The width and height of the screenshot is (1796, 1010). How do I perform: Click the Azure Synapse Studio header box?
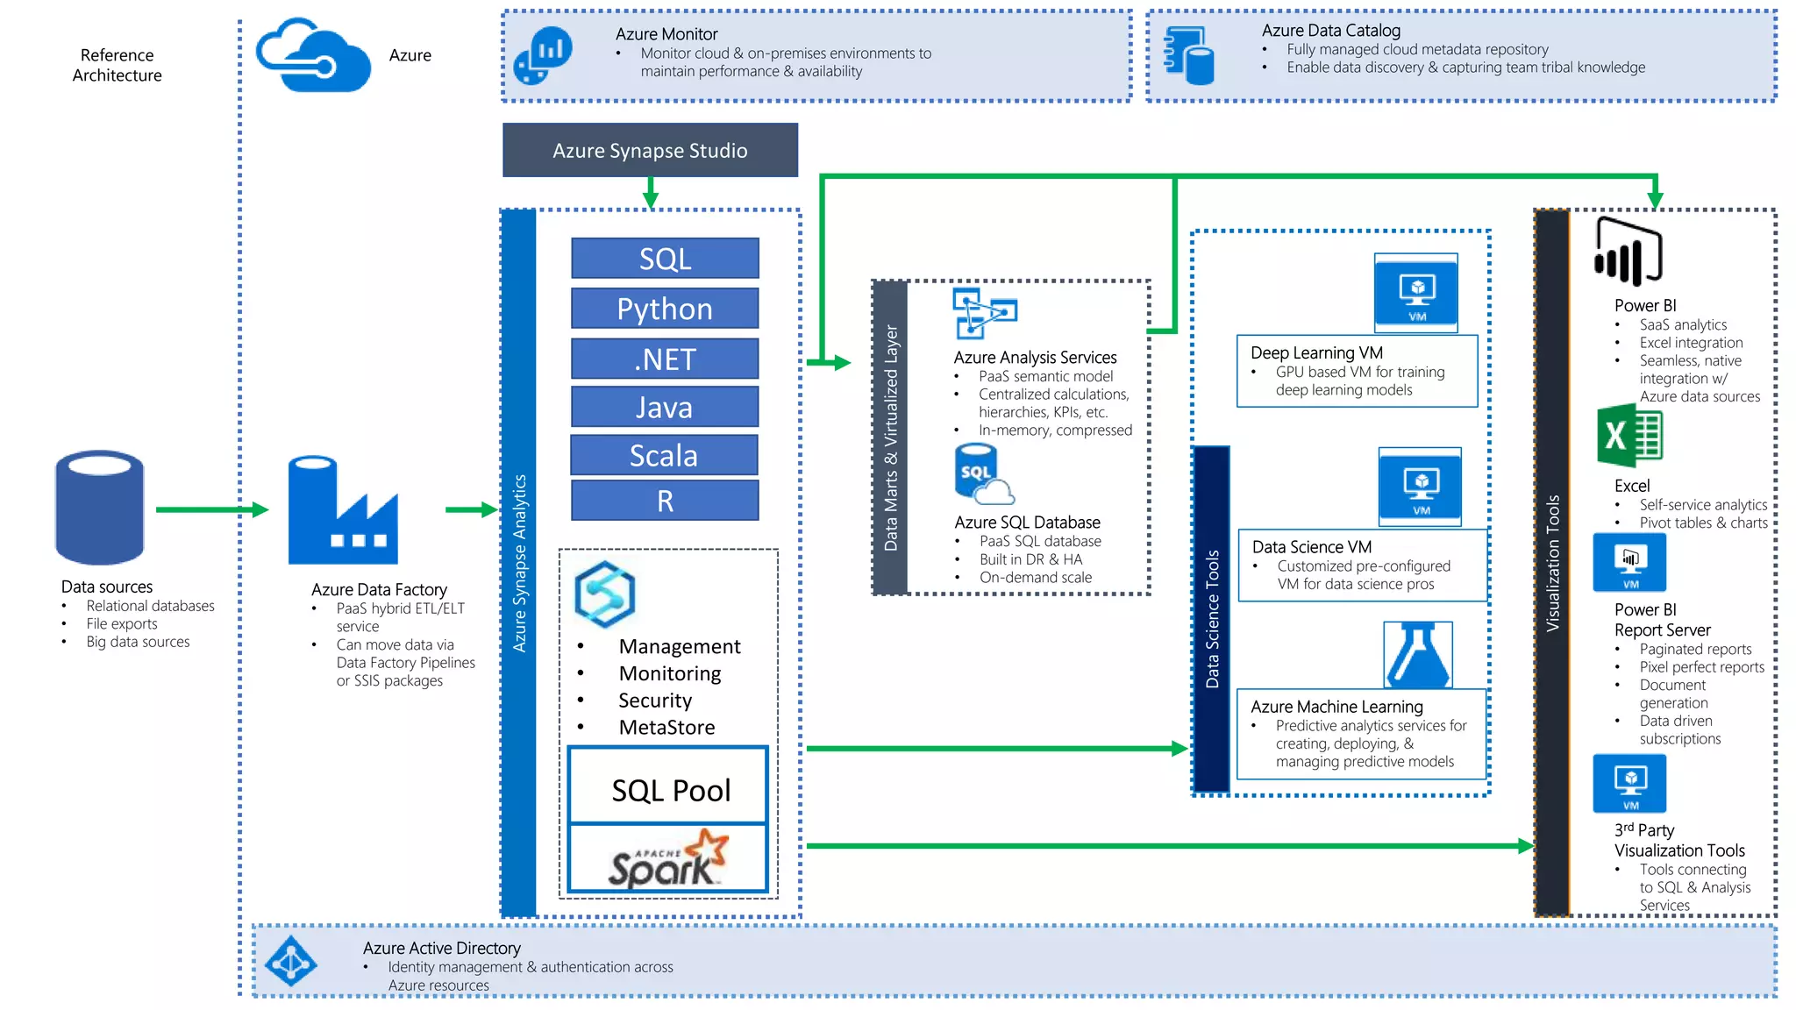[650, 150]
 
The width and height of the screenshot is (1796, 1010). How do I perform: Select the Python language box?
[665, 309]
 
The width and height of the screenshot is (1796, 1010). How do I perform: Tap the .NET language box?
[665, 359]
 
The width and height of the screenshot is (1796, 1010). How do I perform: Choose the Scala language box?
[664, 455]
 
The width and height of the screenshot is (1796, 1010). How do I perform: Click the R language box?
[665, 501]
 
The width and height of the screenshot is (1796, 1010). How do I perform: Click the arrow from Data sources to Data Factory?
[210, 509]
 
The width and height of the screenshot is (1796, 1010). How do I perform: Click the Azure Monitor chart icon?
[543, 55]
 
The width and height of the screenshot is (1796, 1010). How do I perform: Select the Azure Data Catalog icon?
[1189, 55]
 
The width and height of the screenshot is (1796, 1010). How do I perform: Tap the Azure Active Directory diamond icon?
[291, 962]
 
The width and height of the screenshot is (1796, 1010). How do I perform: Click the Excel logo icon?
[1629, 436]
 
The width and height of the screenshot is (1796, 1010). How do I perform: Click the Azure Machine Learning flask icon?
[1417, 655]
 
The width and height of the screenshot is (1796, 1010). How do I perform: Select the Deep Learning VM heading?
[1316, 352]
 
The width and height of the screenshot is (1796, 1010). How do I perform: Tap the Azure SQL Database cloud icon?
[983, 474]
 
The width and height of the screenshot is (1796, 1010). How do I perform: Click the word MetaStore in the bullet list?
[666, 727]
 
